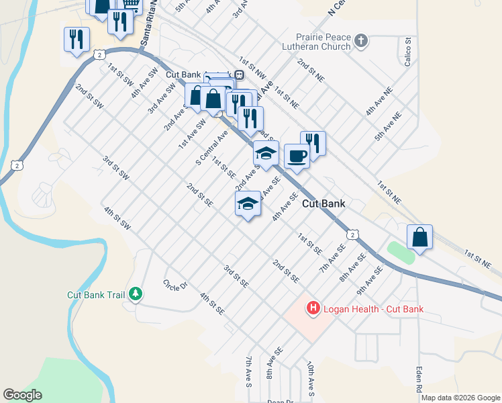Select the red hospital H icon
point(313,309)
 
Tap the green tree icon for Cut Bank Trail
point(136,294)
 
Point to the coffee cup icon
point(297,156)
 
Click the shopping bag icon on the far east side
point(419,237)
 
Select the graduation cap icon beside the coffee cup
point(266,153)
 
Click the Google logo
point(22,395)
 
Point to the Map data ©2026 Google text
point(460,398)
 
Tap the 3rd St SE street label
point(236,276)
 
